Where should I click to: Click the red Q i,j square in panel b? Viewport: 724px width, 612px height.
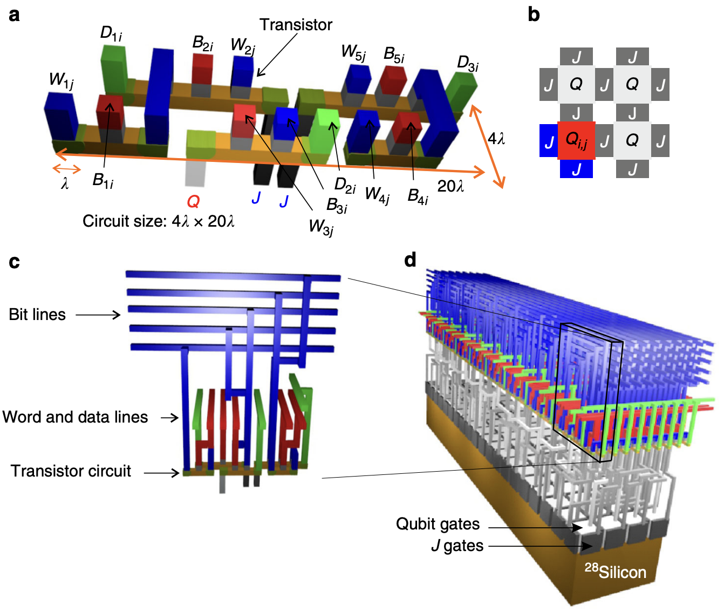click(576, 140)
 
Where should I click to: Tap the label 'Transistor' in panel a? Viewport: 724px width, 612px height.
click(296, 25)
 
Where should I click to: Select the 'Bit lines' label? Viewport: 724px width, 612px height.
click(37, 315)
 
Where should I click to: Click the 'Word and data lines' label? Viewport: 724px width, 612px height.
click(75, 417)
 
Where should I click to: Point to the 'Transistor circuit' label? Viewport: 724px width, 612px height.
click(71, 471)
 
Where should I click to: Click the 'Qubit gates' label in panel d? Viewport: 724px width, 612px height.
click(438, 524)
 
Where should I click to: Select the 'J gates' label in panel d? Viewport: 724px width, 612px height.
click(457, 546)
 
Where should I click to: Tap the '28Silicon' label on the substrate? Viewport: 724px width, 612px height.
click(616, 571)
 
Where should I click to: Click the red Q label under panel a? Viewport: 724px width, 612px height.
click(193, 202)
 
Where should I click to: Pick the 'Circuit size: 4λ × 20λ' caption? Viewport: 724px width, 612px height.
click(159, 221)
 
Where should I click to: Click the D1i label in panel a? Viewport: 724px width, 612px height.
click(111, 33)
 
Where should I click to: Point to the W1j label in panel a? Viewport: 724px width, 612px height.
click(62, 80)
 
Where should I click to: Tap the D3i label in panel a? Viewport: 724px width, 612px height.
click(467, 63)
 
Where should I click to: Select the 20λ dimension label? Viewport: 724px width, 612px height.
click(450, 186)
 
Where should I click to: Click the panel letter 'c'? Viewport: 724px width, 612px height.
click(15, 262)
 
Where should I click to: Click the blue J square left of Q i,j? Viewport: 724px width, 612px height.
click(548, 141)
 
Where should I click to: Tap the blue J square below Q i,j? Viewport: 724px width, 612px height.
click(576, 169)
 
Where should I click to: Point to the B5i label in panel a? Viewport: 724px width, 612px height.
click(394, 55)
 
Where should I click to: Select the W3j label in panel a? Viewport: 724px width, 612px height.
click(321, 227)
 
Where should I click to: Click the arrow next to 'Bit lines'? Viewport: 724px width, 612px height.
click(98, 315)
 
